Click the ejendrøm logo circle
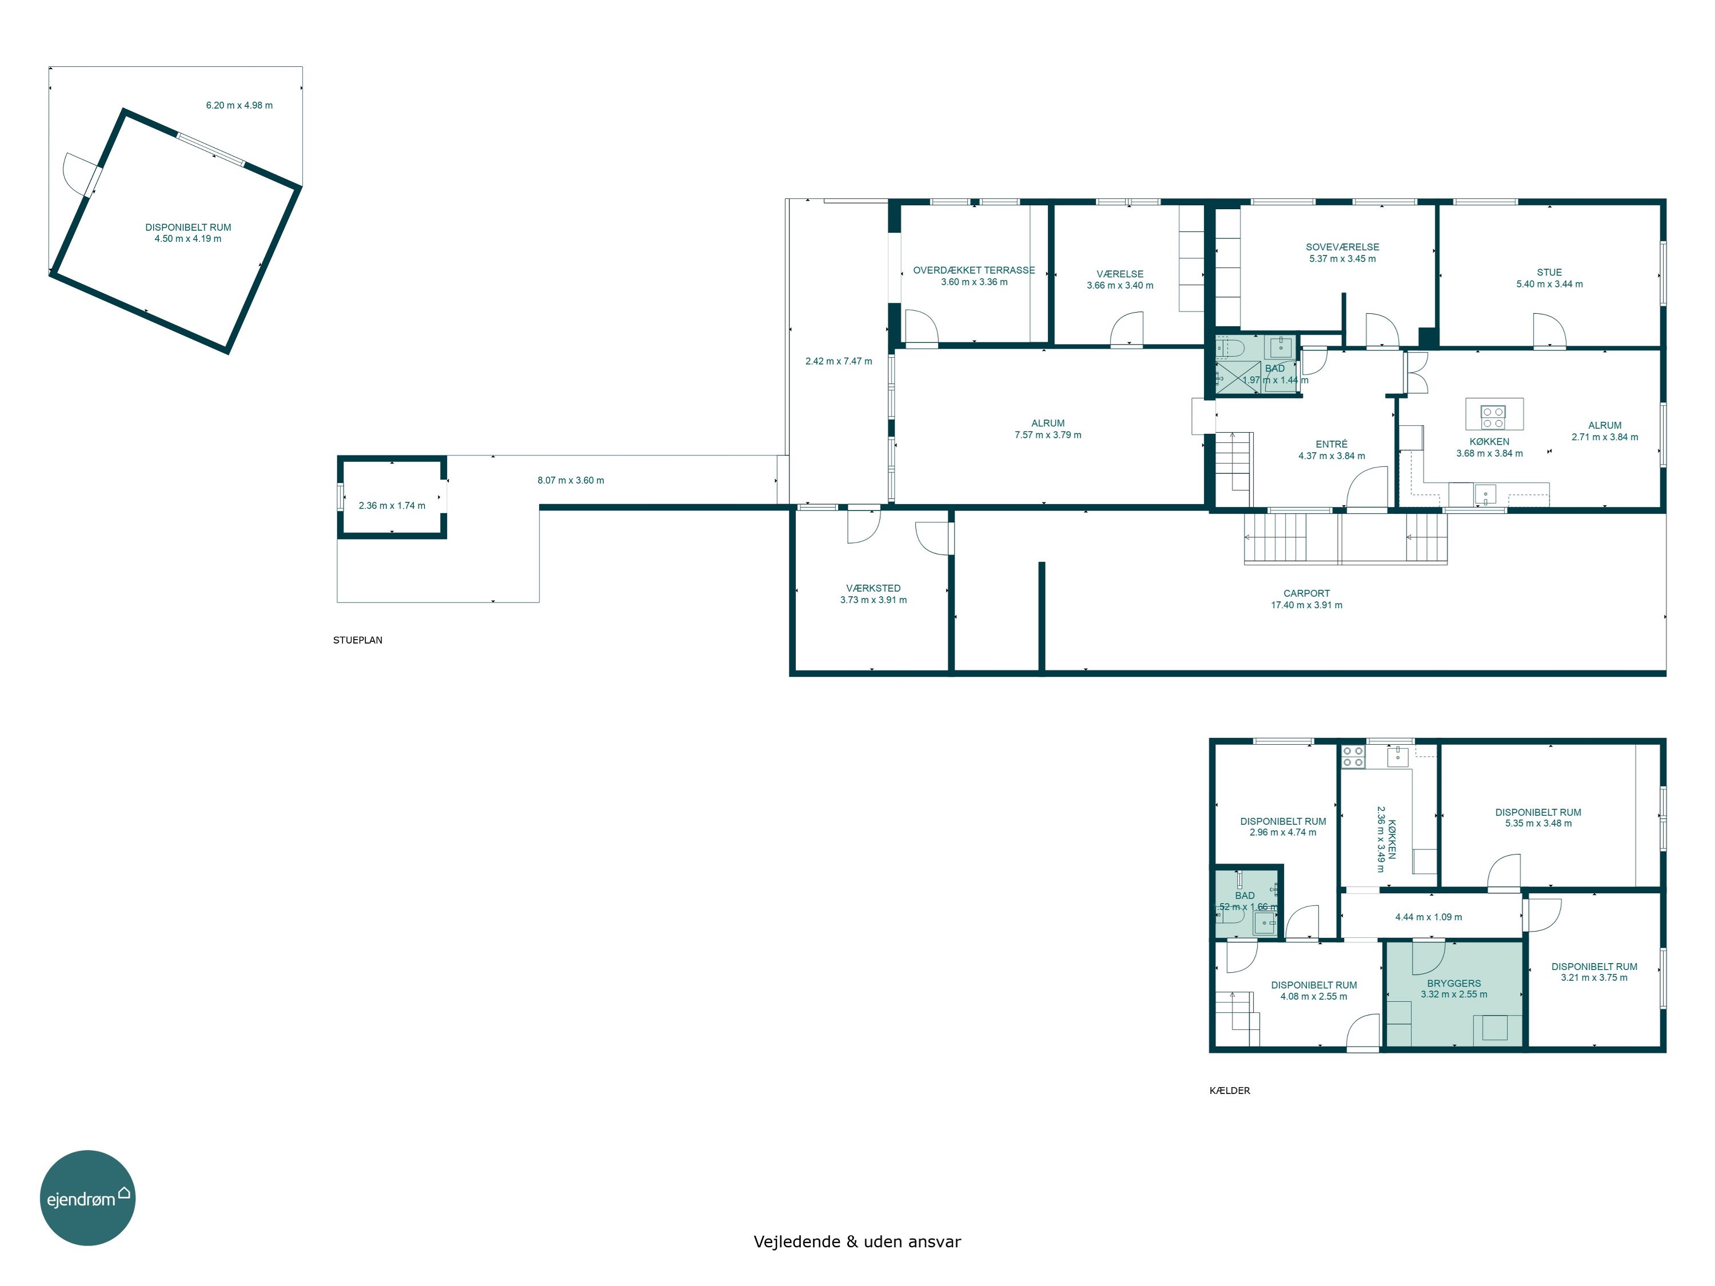[x=87, y=1197]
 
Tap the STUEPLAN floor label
[x=357, y=640]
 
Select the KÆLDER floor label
[x=1230, y=1091]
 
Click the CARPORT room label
[x=1306, y=594]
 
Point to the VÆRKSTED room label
[x=873, y=588]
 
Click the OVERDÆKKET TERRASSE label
[x=974, y=270]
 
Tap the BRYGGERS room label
[x=1454, y=984]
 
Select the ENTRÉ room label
[x=1331, y=444]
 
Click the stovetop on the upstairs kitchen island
[x=1493, y=417]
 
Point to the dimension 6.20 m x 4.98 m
[x=239, y=105]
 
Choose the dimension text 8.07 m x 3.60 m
[x=571, y=481]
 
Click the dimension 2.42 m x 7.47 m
[x=838, y=361]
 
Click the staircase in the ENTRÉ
[x=1232, y=461]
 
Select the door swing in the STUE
[x=1549, y=329]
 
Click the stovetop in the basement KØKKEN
[x=1353, y=757]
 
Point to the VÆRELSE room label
[x=1119, y=274]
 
